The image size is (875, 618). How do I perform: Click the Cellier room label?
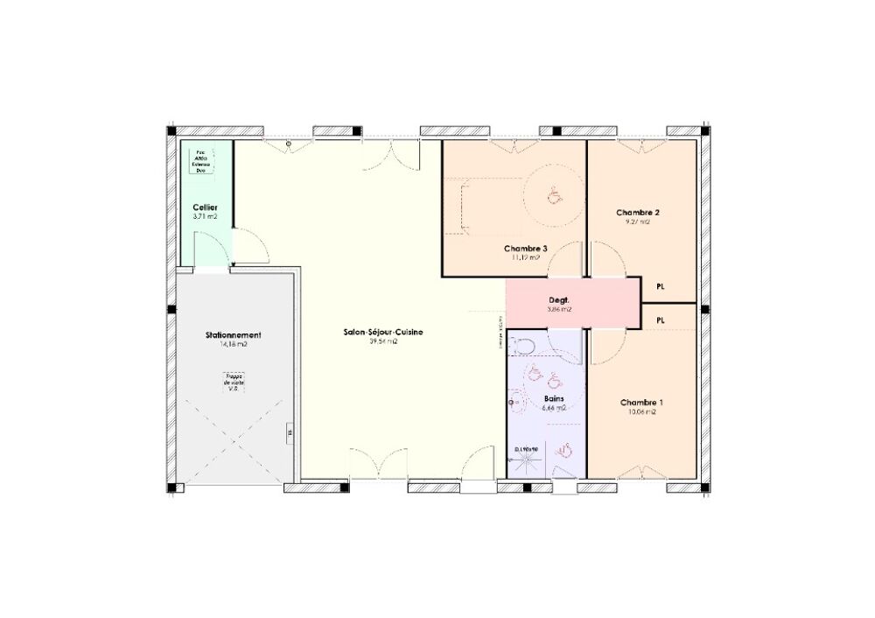click(x=205, y=207)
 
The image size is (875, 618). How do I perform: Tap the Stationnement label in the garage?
click(x=233, y=335)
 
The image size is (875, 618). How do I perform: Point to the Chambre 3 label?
click(x=526, y=249)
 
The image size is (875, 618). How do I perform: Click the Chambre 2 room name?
click(x=637, y=213)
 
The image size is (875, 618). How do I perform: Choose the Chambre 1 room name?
click(x=641, y=403)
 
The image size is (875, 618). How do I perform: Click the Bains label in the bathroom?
click(x=554, y=398)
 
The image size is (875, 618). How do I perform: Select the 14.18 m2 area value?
click(x=233, y=345)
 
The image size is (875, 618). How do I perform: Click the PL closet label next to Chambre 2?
click(x=660, y=285)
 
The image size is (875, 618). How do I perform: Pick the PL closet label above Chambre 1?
click(x=660, y=320)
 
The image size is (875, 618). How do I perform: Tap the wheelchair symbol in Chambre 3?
click(x=553, y=196)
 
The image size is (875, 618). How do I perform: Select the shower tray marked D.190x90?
click(x=528, y=460)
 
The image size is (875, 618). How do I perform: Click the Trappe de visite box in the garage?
click(x=234, y=383)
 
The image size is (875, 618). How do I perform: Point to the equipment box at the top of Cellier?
click(x=204, y=158)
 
